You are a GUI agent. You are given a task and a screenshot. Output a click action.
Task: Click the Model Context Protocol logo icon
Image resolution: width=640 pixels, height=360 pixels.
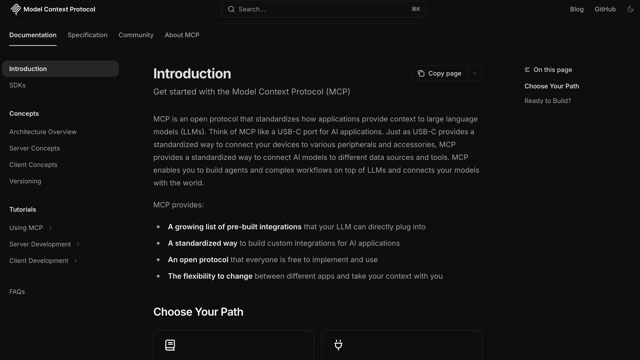coord(16,9)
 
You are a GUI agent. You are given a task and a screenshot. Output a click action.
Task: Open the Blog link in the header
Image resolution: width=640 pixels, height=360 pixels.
coord(576,9)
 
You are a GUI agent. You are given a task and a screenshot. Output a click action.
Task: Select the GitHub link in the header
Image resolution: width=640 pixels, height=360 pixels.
coord(605,9)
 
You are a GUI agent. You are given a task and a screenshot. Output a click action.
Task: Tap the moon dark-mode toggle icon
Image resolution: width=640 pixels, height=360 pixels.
coord(630,9)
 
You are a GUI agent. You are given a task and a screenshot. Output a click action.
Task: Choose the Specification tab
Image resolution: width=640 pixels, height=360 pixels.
coord(88,35)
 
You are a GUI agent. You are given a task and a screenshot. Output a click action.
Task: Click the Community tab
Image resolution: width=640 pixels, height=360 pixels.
coord(136,35)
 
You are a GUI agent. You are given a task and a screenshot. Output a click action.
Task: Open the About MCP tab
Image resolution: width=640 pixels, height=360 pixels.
coord(182,35)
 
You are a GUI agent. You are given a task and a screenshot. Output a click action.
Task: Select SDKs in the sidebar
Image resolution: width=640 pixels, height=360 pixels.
coord(18,85)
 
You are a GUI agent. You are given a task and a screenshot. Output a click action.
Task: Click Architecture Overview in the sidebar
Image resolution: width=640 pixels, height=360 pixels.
coord(43,132)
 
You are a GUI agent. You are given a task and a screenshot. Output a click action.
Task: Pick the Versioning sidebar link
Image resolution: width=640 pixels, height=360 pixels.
coord(25,181)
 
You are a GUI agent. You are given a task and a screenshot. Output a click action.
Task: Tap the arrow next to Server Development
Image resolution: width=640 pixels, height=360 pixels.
coord(78,244)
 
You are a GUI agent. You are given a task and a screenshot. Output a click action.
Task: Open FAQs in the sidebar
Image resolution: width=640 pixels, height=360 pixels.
coord(17,292)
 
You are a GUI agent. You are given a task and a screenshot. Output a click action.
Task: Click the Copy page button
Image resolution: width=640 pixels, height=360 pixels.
coord(440,74)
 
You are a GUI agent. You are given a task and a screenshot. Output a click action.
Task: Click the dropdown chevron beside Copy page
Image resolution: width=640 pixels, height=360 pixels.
coord(474,74)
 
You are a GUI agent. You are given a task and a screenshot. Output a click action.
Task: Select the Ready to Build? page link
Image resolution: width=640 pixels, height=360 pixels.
coord(548,101)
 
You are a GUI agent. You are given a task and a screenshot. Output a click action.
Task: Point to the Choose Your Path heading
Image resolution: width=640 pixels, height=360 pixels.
coord(198,312)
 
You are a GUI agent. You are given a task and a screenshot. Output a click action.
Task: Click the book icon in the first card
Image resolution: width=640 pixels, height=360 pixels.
coord(170,345)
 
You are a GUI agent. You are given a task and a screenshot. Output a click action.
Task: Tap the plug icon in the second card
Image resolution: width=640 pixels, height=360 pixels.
coord(338,345)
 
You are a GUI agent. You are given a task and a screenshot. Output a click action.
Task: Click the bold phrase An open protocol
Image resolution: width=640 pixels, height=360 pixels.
coord(198,260)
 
